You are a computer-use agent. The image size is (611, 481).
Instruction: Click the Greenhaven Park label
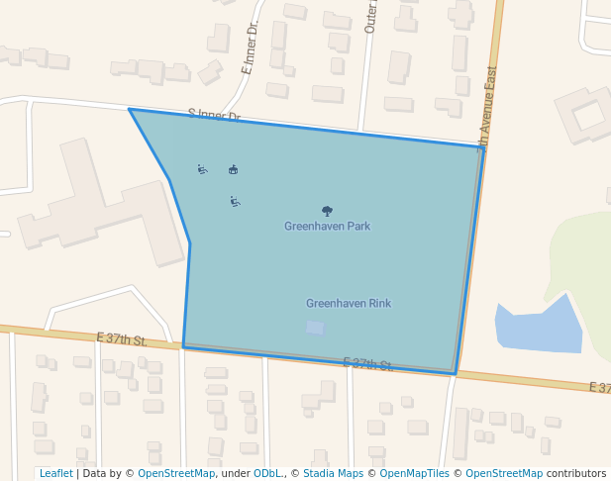tap(327, 227)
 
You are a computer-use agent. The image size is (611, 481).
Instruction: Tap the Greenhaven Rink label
tap(349, 304)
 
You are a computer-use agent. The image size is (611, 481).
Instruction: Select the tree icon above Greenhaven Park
tap(327, 211)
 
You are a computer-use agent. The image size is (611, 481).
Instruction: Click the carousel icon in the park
tap(233, 169)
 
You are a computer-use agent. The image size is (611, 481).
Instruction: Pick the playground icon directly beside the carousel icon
tap(203, 169)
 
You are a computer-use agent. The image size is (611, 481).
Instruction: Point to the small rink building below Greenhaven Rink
tap(315, 328)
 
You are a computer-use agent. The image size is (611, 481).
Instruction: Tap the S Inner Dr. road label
tap(214, 116)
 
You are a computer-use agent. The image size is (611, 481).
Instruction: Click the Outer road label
tap(371, 16)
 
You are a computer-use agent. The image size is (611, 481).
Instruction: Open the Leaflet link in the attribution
tap(56, 474)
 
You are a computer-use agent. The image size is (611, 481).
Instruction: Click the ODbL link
tap(268, 474)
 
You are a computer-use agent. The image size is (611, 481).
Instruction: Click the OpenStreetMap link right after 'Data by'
tap(176, 474)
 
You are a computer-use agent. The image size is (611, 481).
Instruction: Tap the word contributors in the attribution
tap(576, 474)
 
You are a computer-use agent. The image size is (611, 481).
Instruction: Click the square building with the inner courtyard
tap(588, 115)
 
